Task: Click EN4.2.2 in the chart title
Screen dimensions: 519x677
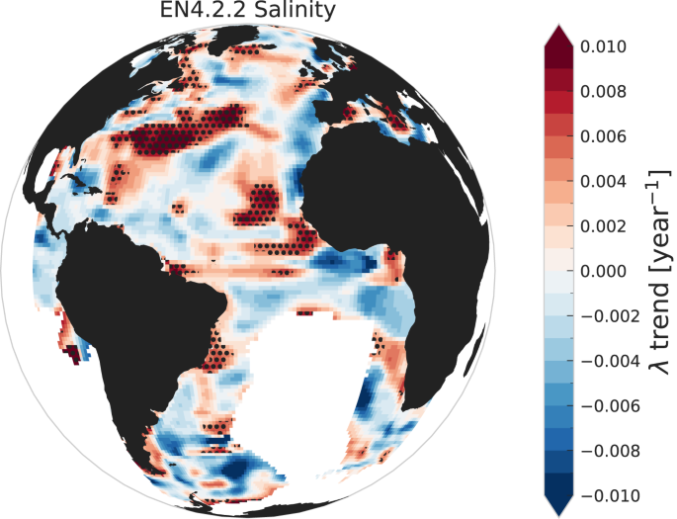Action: tap(196, 13)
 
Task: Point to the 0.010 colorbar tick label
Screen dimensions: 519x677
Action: tap(610, 46)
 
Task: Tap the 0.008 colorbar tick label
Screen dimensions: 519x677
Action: tap(610, 92)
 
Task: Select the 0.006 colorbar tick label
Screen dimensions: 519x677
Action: tap(610, 136)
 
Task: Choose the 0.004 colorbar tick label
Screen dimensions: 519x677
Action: tap(610, 182)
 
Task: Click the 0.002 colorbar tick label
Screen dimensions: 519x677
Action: tap(610, 226)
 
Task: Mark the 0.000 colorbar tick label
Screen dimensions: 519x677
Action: tap(610, 271)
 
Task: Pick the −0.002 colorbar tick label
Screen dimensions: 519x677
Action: tap(605, 316)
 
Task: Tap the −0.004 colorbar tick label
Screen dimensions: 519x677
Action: tap(605, 361)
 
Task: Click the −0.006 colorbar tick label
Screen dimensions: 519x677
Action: tap(605, 405)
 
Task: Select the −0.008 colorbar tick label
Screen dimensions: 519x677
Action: tap(605, 451)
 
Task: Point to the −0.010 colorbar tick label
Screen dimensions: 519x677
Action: tap(605, 495)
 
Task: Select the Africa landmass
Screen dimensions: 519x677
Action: tap(395, 198)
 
